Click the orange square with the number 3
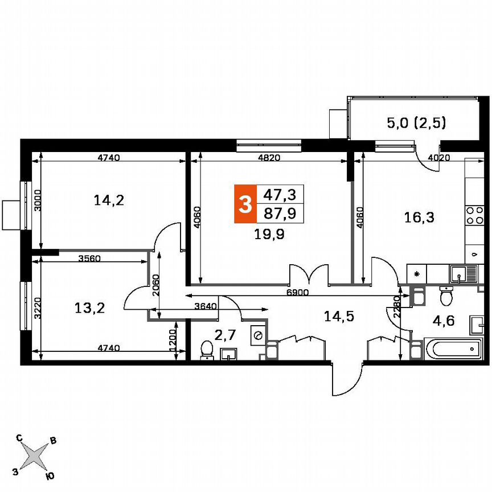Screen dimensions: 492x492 pyautogui.click(x=245, y=204)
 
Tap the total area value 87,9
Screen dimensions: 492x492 pyautogui.click(x=279, y=214)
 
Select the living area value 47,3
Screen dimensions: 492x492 pyautogui.click(x=279, y=195)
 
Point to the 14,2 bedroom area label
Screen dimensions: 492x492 pyautogui.click(x=108, y=200)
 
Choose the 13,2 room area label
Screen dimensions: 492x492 pyautogui.click(x=90, y=308)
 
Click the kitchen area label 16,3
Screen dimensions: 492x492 pyautogui.click(x=419, y=217)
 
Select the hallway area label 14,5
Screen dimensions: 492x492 pyautogui.click(x=339, y=317)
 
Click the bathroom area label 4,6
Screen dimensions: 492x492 pyautogui.click(x=444, y=321)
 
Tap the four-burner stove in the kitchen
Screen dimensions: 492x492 pyautogui.click(x=474, y=216)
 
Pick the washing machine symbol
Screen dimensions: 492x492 pyautogui.click(x=259, y=337)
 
